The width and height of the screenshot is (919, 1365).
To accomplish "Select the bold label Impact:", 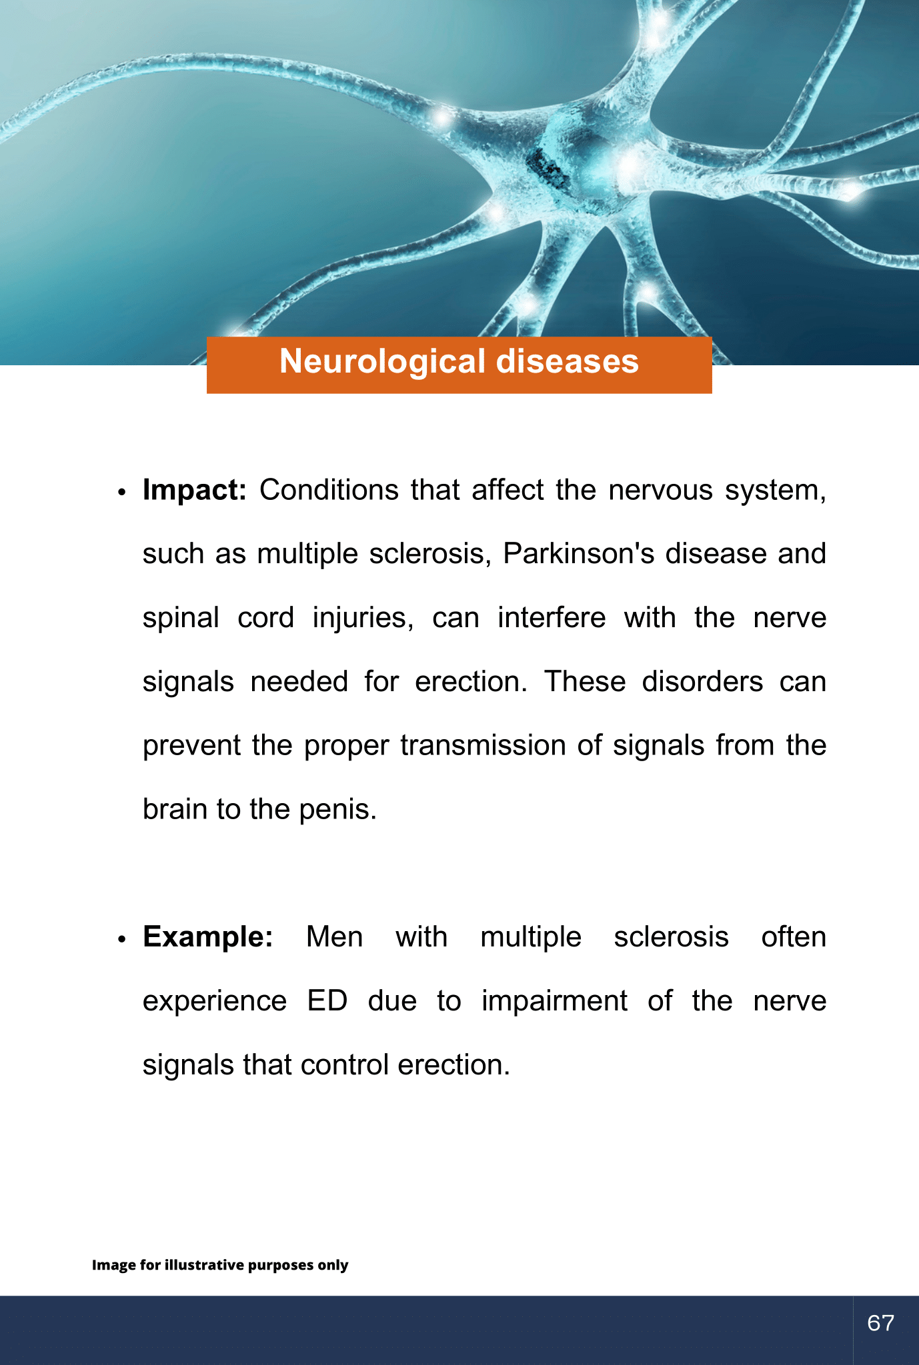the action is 195,491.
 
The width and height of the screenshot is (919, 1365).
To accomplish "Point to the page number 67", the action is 880,1323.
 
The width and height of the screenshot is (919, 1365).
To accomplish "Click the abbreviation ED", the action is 327,1001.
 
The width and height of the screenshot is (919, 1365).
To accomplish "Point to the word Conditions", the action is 329,490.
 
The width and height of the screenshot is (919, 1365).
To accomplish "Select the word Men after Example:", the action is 334,937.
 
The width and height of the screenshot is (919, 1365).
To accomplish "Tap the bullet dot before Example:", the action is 121,940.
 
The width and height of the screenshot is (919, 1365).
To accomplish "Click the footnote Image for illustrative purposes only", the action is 220,1265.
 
